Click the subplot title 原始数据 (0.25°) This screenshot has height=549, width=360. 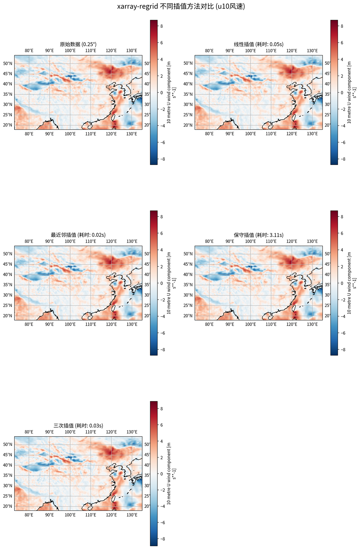pyautogui.click(x=78, y=44)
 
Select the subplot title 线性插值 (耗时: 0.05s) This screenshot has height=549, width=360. pyautogui.click(x=258, y=44)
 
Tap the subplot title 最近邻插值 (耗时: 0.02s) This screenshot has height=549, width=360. pyautogui.click(x=78, y=235)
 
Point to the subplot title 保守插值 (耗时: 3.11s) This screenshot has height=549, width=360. pyautogui.click(x=258, y=235)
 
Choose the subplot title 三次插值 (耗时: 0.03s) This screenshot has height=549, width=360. pyautogui.click(x=78, y=425)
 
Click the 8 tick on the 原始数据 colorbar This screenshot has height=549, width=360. pyautogui.click(x=162, y=26)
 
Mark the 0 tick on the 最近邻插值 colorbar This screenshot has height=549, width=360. pyautogui.click(x=162, y=283)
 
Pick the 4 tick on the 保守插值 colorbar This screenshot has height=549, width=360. pyautogui.click(x=342, y=250)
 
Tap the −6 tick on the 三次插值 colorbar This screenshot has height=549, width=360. pyautogui.click(x=162, y=522)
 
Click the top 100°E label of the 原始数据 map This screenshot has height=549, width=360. pyautogui.click(x=70, y=50)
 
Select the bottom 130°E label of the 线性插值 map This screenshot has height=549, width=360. pyautogui.click(x=312, y=134)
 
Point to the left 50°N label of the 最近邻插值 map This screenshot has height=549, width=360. pyautogui.click(x=8, y=254)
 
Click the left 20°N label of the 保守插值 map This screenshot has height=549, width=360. pyautogui.click(x=188, y=316)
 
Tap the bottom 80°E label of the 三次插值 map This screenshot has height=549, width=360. pyautogui.click(x=29, y=515)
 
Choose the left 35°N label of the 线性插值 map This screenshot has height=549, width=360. pyautogui.click(x=188, y=94)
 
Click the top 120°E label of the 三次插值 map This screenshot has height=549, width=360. pyautogui.click(x=111, y=432)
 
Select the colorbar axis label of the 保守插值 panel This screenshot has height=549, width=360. pyautogui.click(x=351, y=283)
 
